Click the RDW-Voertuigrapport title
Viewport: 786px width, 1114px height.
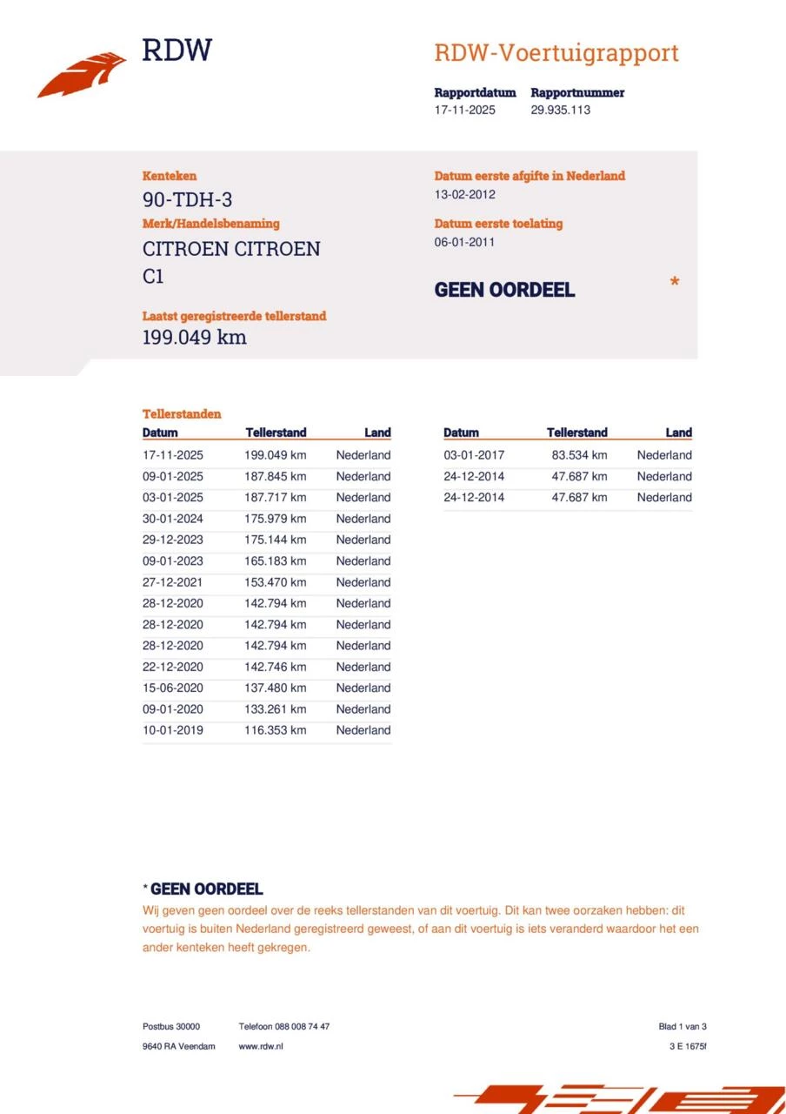556,53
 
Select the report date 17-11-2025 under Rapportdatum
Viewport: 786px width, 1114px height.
464,110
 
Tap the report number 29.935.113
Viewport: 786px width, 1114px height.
560,110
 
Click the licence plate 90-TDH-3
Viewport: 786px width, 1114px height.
187,199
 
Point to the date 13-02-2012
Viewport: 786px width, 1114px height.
464,194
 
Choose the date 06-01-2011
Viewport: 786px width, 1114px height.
464,242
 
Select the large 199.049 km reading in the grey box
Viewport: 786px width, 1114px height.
194,338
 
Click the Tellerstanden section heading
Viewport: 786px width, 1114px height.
182,414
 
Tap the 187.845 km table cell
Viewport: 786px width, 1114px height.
275,476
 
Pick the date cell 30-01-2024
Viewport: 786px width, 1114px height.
172,519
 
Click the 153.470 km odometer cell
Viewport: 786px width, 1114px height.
275,582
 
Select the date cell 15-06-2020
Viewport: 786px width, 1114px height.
172,688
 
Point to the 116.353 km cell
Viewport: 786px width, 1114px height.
275,730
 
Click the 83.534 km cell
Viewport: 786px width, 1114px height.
579,455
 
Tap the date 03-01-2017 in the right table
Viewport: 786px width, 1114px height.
473,455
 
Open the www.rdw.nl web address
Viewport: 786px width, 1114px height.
260,1046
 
